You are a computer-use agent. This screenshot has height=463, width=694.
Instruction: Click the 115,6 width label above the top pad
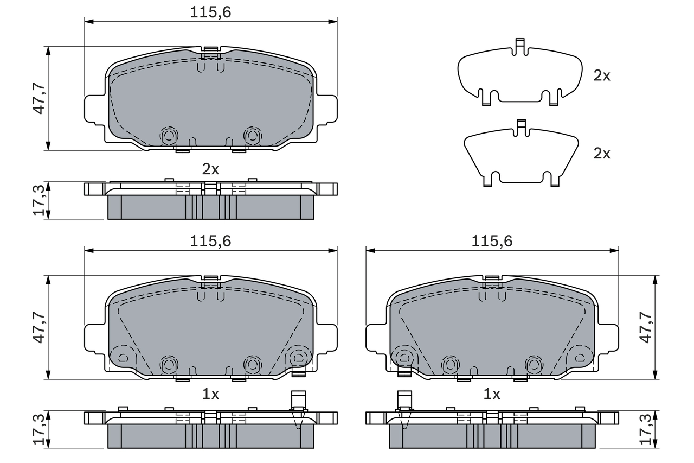pos(210,12)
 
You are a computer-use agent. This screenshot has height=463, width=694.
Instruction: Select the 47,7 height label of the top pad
pos(38,98)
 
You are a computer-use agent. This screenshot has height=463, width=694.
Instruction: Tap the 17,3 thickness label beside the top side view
pos(38,201)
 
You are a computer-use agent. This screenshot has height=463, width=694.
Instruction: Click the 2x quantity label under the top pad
pos(210,169)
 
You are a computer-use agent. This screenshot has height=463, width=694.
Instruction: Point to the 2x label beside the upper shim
pos(601,76)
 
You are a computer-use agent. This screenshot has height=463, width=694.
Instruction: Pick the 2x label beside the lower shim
pos(601,154)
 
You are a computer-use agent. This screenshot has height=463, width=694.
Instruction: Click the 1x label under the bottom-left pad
pos(210,395)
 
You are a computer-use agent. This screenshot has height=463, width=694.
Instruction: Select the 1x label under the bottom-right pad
pos(492,395)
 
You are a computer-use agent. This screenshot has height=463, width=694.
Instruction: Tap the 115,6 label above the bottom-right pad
pos(492,242)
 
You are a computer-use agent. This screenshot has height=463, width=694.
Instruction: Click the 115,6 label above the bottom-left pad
pos(210,242)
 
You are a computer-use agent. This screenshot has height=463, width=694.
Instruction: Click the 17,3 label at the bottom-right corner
pos(645,429)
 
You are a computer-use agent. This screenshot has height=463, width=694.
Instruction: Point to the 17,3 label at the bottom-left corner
pos(38,429)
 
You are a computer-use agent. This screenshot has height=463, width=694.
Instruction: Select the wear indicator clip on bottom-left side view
pos(298,407)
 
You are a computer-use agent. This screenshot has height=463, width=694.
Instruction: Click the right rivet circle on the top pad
pos(252,135)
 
